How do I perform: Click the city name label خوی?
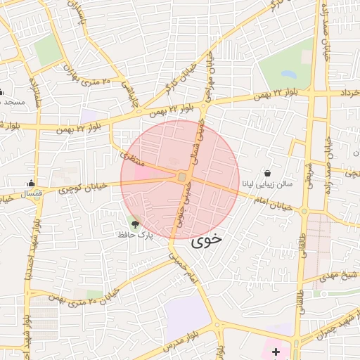[206, 239]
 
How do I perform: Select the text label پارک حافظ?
[135, 234]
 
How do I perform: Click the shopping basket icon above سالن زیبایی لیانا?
[268, 173]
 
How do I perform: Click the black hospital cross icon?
[275, 351]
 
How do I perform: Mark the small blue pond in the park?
[288, 73]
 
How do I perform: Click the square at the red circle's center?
[181, 177]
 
